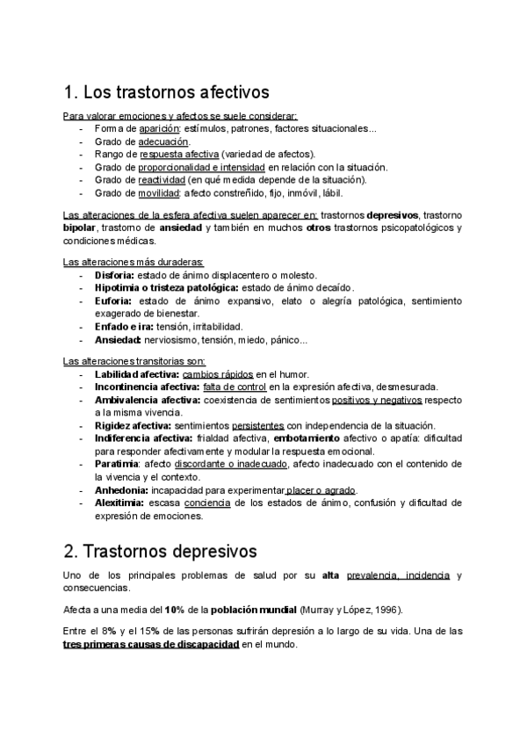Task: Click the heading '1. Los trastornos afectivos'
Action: tap(166, 91)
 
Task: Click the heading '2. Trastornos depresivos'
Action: tap(160, 552)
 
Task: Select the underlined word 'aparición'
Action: tap(148, 129)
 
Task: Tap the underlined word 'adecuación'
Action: tap(163, 141)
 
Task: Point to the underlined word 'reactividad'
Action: tap(160, 179)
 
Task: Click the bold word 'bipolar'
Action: tap(82, 228)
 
